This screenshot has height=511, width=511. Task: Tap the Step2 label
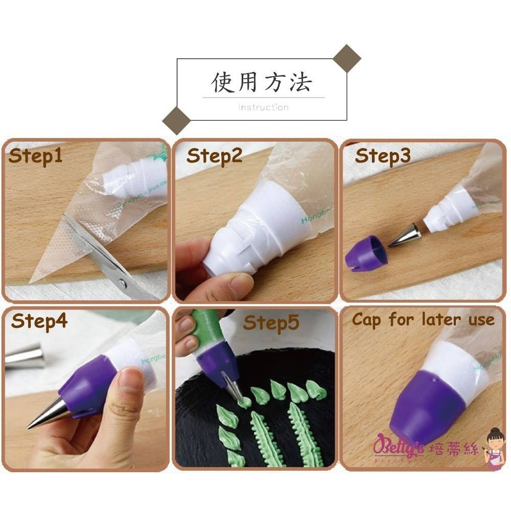[x=214, y=155]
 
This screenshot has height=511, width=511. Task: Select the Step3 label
[x=383, y=155]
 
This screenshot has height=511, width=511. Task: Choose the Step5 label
[x=271, y=322]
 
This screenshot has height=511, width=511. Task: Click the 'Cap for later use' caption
[x=423, y=320]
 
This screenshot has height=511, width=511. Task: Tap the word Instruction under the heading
[x=264, y=107]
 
